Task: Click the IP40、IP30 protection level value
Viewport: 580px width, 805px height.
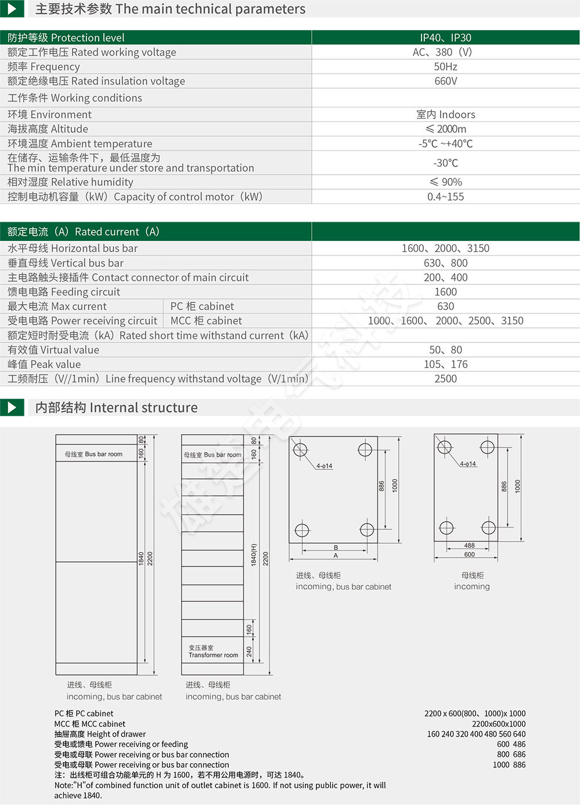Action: click(x=445, y=38)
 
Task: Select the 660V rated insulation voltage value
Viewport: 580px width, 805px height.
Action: click(x=445, y=81)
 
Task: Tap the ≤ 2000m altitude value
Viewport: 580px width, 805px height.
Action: click(x=445, y=129)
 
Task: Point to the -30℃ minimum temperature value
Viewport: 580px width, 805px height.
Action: click(x=445, y=163)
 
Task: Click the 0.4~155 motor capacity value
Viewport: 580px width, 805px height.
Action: click(x=445, y=197)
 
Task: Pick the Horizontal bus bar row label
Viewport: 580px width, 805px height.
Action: click(x=73, y=248)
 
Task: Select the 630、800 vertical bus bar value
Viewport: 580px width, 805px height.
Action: click(x=445, y=263)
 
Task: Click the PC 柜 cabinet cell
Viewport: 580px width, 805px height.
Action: click(x=202, y=306)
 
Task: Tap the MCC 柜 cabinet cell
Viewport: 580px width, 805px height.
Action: click(x=206, y=321)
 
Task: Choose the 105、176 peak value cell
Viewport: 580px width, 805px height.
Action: click(x=445, y=364)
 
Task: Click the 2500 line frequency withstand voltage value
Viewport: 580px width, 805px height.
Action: click(x=445, y=379)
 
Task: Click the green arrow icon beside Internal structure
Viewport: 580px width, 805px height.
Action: click(x=12, y=407)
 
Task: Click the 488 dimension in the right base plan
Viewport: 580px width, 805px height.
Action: click(x=469, y=546)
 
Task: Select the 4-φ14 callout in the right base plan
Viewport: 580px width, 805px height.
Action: click(x=468, y=464)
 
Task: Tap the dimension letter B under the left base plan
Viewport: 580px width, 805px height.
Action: click(x=336, y=547)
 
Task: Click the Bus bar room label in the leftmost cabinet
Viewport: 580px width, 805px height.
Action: click(x=93, y=454)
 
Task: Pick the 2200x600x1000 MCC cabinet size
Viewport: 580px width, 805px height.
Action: click(x=498, y=724)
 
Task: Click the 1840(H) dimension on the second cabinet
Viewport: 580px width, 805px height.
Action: click(x=254, y=555)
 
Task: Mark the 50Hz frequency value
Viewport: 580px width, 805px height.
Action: click(x=445, y=67)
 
